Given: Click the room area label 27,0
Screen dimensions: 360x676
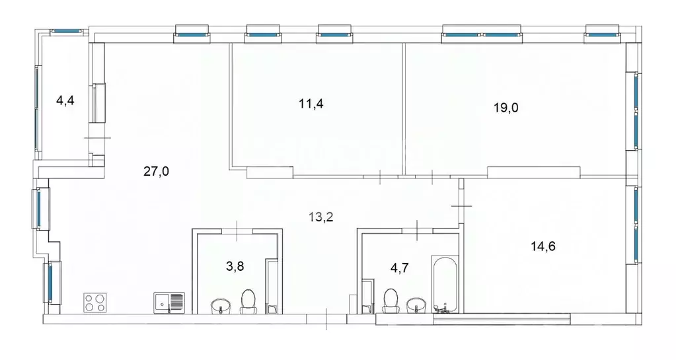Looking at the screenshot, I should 157,172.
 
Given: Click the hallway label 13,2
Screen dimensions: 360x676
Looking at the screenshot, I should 320,215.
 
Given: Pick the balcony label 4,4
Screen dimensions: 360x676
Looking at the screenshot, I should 65,100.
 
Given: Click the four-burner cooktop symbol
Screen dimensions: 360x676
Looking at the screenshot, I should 96,303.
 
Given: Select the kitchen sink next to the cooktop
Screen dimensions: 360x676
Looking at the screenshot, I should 170,303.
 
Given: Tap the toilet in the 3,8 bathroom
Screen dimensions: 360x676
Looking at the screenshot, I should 248,301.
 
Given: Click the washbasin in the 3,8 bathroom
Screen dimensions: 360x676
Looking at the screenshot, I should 219,306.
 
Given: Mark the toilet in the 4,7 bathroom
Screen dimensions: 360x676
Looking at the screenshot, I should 391,301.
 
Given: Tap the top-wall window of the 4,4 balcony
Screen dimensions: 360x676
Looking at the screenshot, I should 66,30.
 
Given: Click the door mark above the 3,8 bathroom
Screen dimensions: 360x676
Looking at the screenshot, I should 239,230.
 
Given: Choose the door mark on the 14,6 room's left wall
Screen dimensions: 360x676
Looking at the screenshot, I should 462,207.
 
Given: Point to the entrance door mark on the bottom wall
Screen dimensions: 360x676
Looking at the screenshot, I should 328,319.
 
